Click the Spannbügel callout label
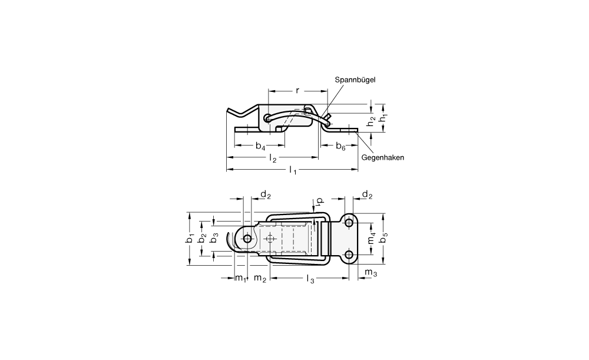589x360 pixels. pos(355,80)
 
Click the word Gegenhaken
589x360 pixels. pos(383,157)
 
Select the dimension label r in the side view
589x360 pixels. pos(297,91)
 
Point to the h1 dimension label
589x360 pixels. pos(383,118)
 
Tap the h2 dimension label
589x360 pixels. pos(371,121)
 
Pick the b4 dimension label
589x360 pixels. pos(260,146)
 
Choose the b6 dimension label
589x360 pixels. pos(340,146)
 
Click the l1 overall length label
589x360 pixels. pos(293,170)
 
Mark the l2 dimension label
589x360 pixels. pos(273,158)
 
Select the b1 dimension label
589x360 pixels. pos(190,238)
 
